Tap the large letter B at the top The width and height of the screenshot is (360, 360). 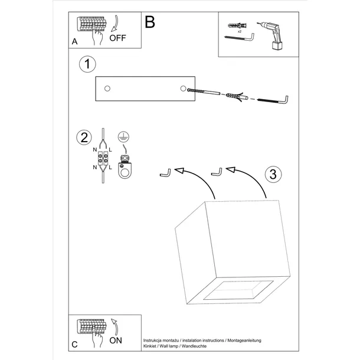(150, 22)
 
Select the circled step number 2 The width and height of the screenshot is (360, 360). (84, 138)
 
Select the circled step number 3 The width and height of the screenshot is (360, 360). (271, 174)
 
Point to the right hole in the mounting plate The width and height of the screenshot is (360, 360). (181, 88)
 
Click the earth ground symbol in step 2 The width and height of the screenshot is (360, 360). (123, 136)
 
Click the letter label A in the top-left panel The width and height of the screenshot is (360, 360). (74, 42)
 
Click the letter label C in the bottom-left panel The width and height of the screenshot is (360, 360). (74, 344)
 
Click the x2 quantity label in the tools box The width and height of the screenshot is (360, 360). (231, 31)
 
